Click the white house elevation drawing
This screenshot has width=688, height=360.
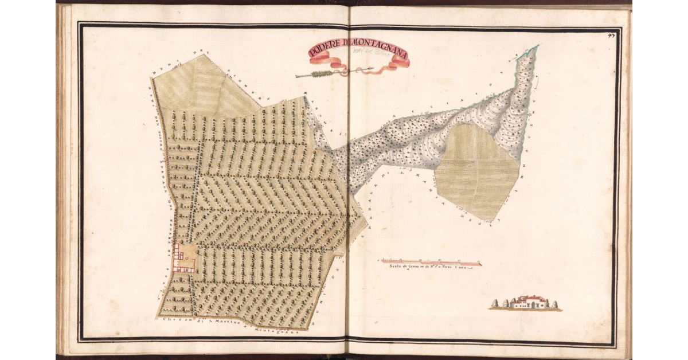pyautogui.click(x=528, y=303)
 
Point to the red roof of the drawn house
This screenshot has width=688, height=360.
pyautogui.click(x=529, y=298)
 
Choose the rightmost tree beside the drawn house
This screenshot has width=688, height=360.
pyautogui.click(x=555, y=304)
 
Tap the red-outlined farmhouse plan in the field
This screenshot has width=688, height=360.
pyautogui.click(x=185, y=258)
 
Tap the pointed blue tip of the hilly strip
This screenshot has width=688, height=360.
pyautogui.click(x=537, y=46)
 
